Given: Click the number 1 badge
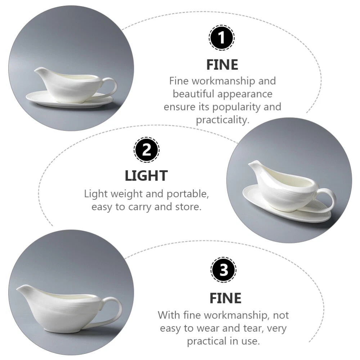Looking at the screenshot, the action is (221, 38).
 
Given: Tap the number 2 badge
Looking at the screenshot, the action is (147, 150).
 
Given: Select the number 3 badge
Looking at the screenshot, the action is (224, 270).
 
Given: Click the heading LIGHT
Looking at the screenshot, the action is (146, 176).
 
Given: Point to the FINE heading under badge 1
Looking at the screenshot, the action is (222, 64).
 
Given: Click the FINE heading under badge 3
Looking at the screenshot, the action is (225, 298).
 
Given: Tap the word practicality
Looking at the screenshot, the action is (222, 120).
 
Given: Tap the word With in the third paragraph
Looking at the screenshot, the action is (169, 315).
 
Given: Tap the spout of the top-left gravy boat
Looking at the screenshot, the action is (39, 70).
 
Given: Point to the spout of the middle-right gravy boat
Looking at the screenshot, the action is (253, 164).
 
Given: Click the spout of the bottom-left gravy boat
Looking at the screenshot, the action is (22, 289).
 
